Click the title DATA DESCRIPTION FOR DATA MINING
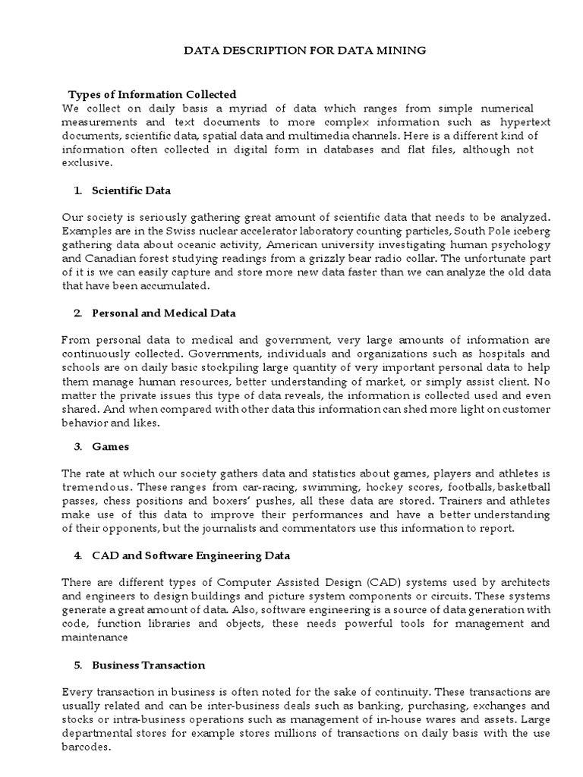pyautogui.click(x=307, y=50)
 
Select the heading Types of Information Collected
pyautogui.click(x=153, y=95)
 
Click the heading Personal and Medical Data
pyautogui.click(x=163, y=313)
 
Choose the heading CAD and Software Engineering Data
pyautogui.click(x=191, y=555)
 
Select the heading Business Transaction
pyautogui.click(x=149, y=665)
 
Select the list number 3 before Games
pyautogui.click(x=77, y=446)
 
